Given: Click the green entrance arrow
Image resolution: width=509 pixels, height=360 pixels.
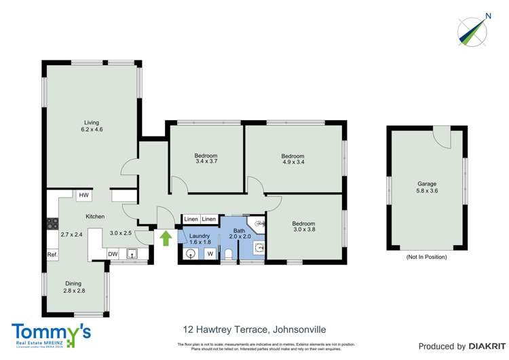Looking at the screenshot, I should [166, 237].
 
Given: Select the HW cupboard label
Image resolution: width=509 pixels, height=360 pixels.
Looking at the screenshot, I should [83, 196].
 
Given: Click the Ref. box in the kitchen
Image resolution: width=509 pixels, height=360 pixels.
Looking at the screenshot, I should [52, 255].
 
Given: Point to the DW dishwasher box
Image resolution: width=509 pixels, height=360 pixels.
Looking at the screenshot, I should [113, 254].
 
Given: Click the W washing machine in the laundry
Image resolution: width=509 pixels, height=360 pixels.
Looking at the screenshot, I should [210, 254].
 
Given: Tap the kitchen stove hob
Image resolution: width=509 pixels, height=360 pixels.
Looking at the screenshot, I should [52, 222].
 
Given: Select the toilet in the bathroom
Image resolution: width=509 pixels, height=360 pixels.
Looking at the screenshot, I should [229, 255].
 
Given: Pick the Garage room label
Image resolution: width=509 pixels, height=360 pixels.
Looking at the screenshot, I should [426, 187].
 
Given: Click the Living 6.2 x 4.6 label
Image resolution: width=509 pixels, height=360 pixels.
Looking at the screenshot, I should [92, 126].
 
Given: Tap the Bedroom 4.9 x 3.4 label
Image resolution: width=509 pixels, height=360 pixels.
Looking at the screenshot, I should [293, 160].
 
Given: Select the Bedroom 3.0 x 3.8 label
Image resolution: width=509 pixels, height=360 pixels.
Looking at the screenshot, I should [303, 227].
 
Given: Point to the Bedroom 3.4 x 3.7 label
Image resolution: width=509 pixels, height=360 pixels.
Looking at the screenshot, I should [206, 159].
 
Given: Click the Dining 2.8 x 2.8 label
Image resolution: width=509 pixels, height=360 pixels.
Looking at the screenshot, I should [73, 287].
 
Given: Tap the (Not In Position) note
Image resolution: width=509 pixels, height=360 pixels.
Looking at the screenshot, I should [426, 257].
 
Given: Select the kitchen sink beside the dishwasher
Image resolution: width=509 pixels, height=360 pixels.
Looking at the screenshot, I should [132, 254].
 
